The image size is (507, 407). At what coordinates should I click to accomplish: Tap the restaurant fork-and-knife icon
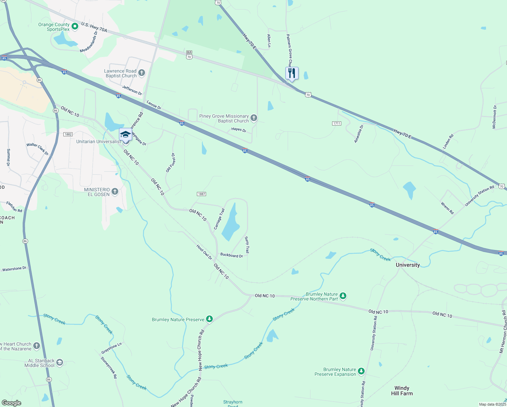[291, 73]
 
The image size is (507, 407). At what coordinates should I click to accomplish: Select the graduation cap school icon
[125, 134]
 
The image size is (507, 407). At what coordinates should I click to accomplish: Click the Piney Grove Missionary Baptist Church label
[224, 118]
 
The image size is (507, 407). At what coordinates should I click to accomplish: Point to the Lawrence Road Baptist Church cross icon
[142, 73]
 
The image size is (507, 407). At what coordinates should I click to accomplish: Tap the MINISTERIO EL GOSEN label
[97, 192]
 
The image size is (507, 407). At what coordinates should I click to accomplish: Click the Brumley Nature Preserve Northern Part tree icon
[343, 296]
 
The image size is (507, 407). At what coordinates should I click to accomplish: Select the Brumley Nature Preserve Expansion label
[335, 372]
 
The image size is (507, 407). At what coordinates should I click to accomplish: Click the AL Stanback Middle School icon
[60, 363]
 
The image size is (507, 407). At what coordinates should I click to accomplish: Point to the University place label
[408, 265]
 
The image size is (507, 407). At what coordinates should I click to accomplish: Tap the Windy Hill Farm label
[402, 391]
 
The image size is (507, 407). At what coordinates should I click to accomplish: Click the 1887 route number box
[201, 194]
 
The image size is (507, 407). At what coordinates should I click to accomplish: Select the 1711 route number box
[337, 123]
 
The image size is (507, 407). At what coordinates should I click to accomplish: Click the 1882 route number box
[68, 134]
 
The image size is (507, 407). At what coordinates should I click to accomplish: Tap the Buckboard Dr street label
[231, 255]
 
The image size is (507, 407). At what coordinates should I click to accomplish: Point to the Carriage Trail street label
[219, 219]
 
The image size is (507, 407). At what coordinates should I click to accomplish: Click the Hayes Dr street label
[239, 130]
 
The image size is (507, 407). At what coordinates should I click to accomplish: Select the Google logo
[12, 403]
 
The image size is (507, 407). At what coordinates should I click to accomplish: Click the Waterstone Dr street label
[14, 269]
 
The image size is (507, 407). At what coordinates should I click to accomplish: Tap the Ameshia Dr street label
[359, 134]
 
